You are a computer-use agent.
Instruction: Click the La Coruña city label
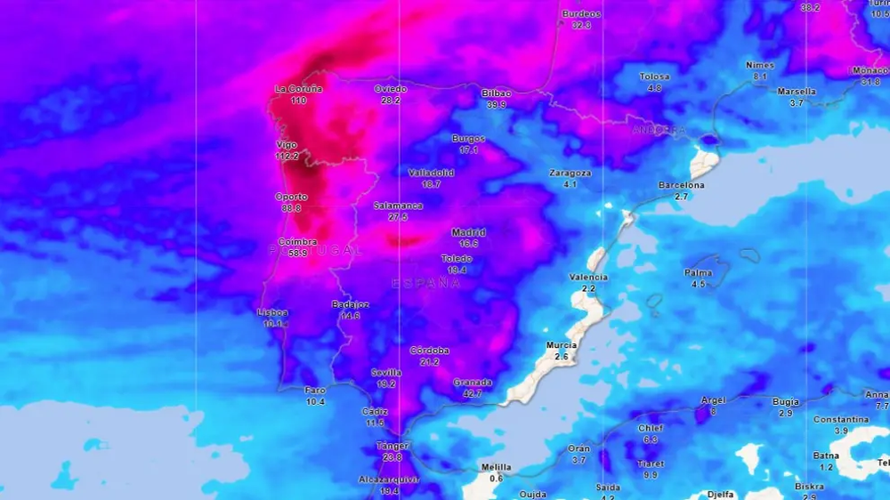(298, 89)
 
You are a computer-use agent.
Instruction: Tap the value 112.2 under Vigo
(287, 157)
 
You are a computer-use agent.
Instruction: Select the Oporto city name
(291, 197)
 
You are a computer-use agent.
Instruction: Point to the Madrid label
(468, 232)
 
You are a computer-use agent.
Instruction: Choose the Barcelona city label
(682, 185)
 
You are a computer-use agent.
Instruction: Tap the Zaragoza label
(570, 173)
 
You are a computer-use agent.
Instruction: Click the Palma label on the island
(698, 273)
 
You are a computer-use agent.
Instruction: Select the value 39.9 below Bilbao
(496, 104)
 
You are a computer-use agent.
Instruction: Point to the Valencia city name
(588, 277)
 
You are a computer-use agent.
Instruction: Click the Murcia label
(562, 345)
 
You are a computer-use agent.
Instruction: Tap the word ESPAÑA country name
(426, 283)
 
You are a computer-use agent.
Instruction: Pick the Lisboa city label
(272, 312)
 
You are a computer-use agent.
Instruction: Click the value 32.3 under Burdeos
(581, 25)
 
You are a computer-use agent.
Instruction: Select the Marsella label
(797, 92)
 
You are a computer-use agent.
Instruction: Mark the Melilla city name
(496, 467)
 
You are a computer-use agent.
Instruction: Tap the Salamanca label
(398, 206)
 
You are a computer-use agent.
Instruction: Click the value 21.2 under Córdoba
(430, 362)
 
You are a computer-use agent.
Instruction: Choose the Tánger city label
(392, 446)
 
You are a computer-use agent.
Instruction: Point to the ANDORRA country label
(659, 130)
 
